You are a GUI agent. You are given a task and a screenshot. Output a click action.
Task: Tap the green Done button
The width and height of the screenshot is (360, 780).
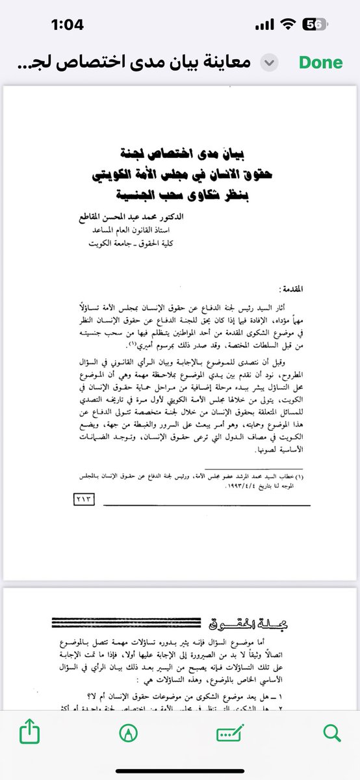click(x=320, y=63)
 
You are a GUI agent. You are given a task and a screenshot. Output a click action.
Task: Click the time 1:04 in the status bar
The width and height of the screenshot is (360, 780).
click(x=68, y=25)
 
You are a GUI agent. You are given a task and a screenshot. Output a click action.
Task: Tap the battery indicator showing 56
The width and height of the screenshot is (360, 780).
click(x=315, y=25)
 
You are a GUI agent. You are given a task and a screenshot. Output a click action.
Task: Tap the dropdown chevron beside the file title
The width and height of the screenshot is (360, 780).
click(x=268, y=63)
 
